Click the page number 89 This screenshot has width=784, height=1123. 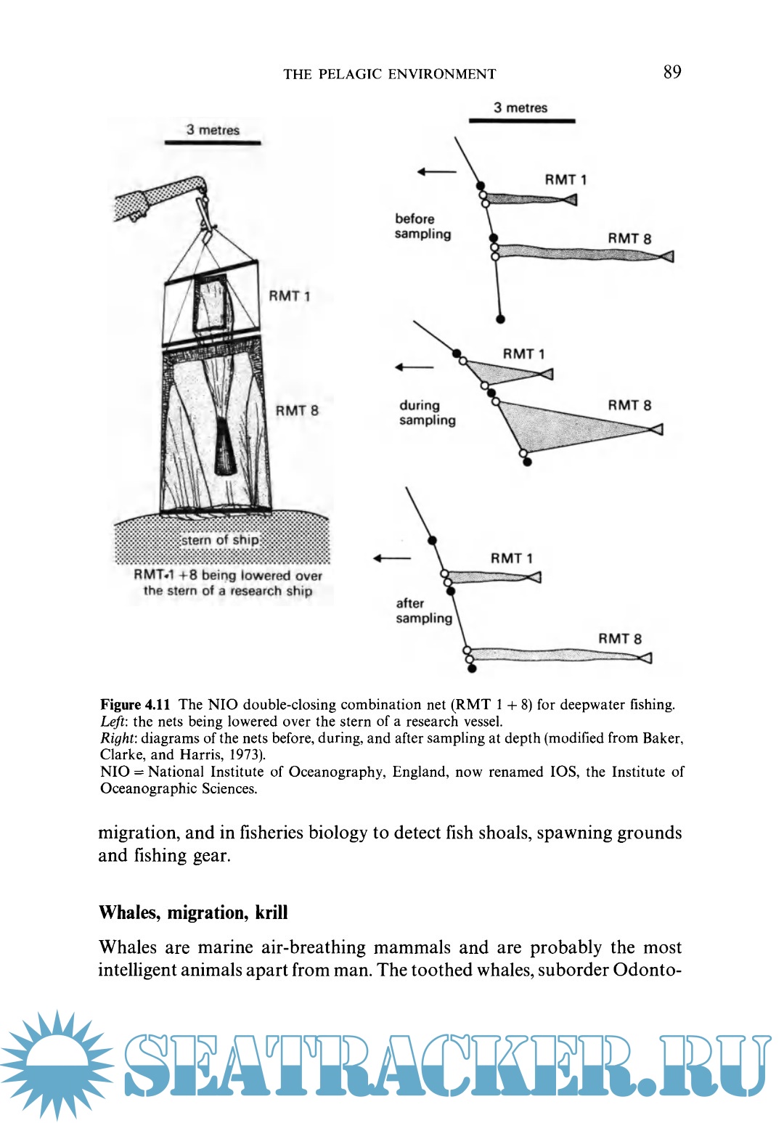(671, 72)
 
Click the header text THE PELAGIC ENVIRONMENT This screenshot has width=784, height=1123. (389, 74)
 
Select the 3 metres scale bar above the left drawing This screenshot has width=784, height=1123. (213, 142)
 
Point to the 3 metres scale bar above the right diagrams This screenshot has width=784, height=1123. (521, 120)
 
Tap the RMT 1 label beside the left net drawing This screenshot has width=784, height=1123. (289, 296)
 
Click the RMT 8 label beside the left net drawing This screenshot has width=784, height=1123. (297, 411)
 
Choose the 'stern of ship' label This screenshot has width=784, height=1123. (220, 540)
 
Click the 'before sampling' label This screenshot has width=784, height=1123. (422, 226)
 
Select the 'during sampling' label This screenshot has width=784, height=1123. (427, 412)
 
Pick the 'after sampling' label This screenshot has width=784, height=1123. (423, 610)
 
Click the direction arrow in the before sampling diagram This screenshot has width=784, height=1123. (436, 172)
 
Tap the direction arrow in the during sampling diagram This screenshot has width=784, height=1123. (414, 367)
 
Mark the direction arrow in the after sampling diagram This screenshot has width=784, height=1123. (391, 558)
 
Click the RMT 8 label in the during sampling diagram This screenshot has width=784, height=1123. (629, 406)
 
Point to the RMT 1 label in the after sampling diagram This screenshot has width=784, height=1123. (511, 558)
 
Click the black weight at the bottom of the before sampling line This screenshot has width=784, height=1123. (500, 319)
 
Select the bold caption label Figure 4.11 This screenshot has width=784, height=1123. (135, 704)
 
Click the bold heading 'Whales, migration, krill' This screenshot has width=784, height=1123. (193, 912)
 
